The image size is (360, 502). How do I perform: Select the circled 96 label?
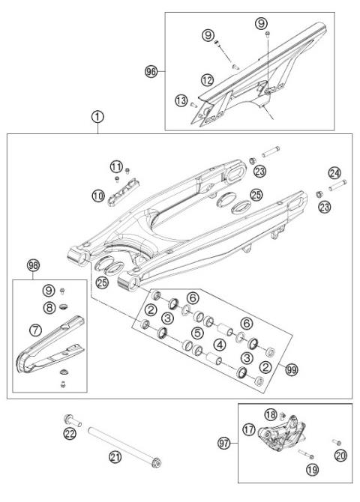(151, 71)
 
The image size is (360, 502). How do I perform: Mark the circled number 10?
(99, 196)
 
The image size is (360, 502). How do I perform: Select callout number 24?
(334, 173)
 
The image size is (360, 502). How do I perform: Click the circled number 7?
(34, 329)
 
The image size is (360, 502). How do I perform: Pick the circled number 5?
(197, 332)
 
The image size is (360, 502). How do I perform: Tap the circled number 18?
(271, 415)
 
